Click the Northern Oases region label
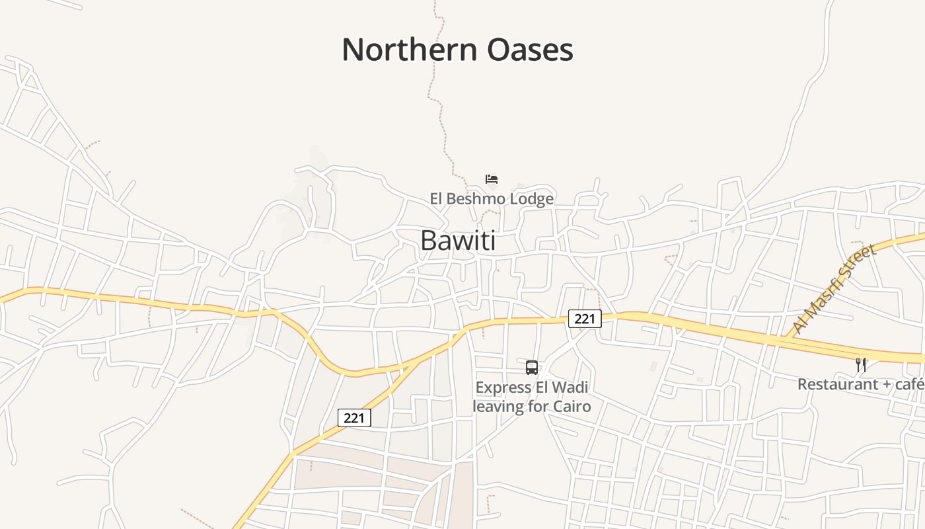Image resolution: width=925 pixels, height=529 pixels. pyautogui.click(x=457, y=50)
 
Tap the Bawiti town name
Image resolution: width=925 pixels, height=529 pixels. pyautogui.click(x=458, y=241)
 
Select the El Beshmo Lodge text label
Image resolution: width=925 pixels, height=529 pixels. pyautogui.click(x=492, y=198)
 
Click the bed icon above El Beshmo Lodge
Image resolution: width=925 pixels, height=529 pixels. pyautogui.click(x=491, y=179)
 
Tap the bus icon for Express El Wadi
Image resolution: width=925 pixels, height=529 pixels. pyautogui.click(x=531, y=368)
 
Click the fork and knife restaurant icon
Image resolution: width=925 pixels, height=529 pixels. pyautogui.click(x=860, y=364)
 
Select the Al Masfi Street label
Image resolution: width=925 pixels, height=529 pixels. pyautogui.click(x=835, y=288)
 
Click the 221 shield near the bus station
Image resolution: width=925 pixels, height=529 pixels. pyautogui.click(x=585, y=319)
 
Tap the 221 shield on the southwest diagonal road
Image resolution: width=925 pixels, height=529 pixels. pyautogui.click(x=354, y=418)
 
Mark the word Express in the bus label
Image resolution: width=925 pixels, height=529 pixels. pyautogui.click(x=503, y=387)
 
